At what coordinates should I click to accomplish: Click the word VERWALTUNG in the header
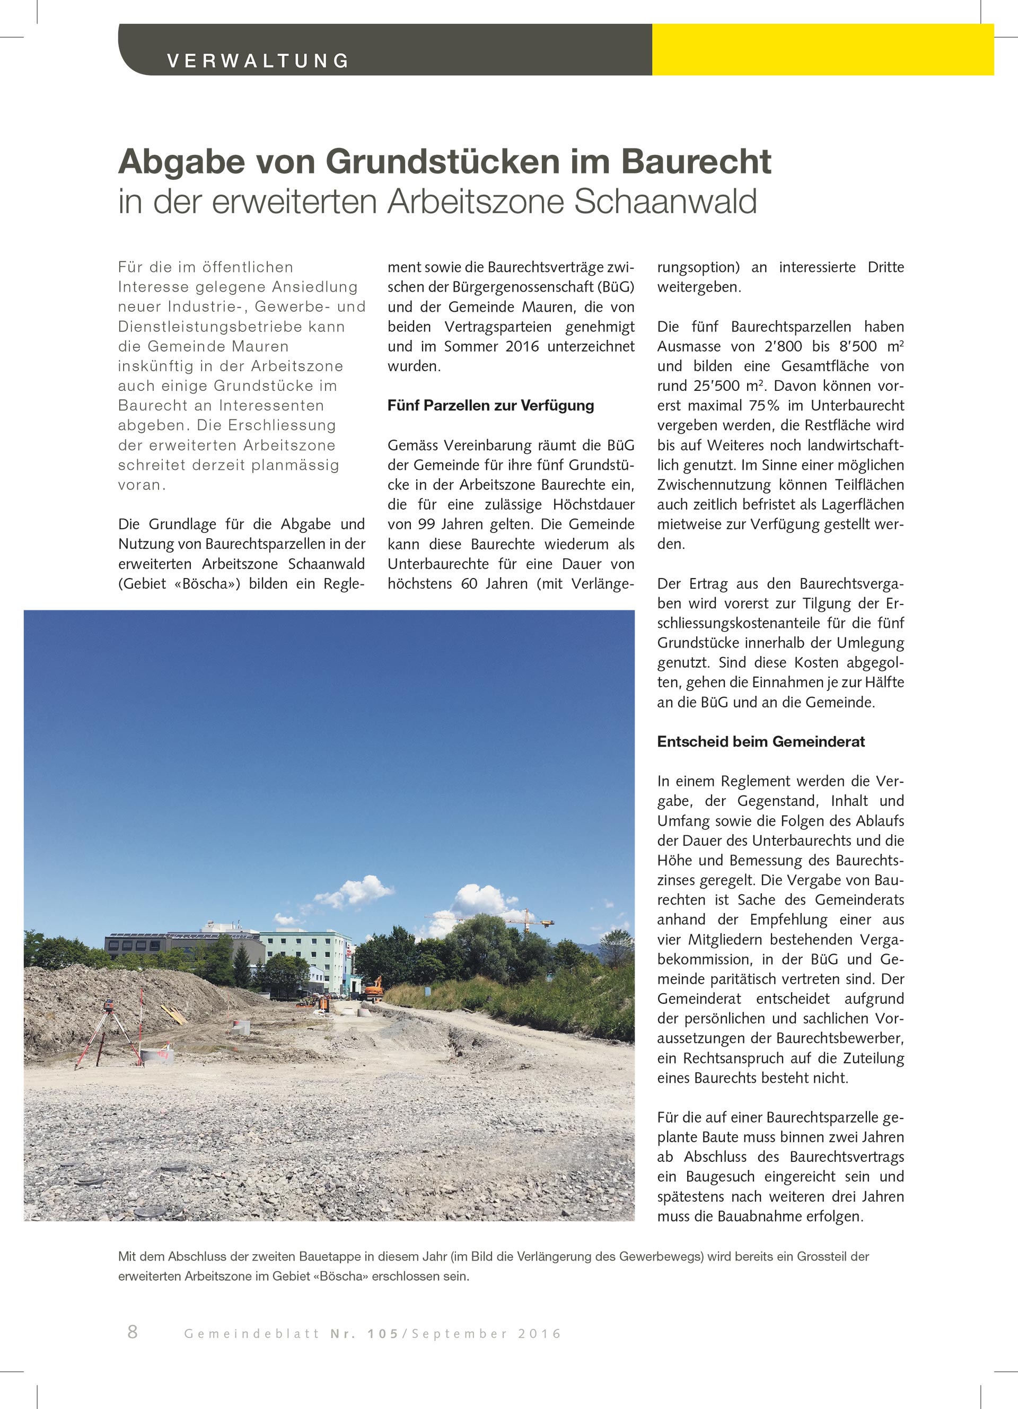pos(258,61)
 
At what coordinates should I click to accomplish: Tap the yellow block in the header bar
pos(822,50)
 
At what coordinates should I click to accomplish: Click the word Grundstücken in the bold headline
pos(442,162)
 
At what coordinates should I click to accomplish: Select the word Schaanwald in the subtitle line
pos(665,202)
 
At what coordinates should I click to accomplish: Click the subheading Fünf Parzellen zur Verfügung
pos(490,406)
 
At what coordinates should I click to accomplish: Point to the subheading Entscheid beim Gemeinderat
pos(761,741)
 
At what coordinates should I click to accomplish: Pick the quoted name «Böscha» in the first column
pos(207,583)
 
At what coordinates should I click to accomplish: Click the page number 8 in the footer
pos(133,1332)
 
